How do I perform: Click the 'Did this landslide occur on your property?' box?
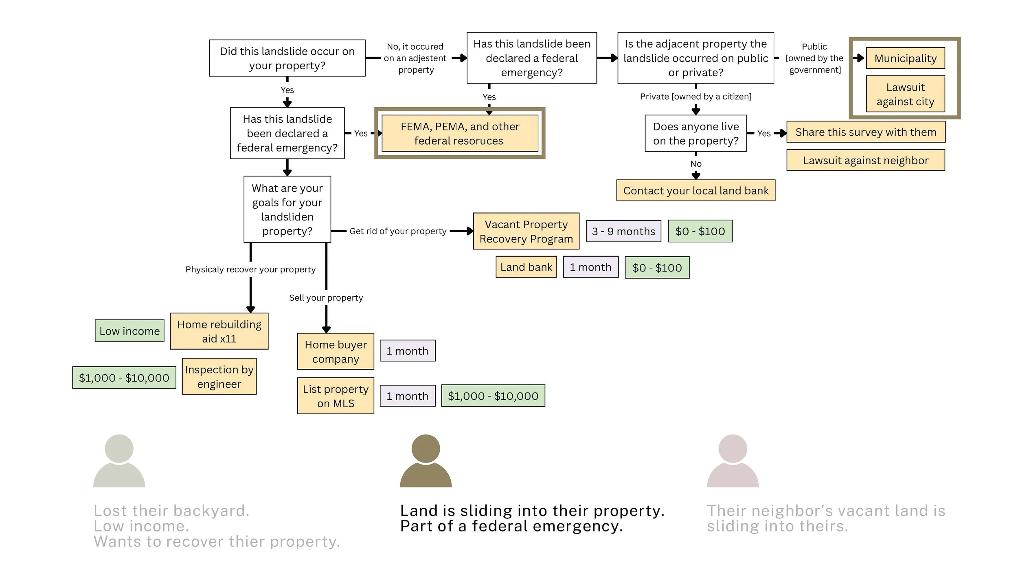click(x=287, y=58)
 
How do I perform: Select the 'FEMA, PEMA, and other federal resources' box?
click(x=460, y=133)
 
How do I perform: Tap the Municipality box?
click(x=905, y=58)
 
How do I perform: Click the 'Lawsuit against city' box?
click(x=905, y=94)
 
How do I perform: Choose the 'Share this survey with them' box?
click(x=866, y=132)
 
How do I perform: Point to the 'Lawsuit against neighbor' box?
click(x=866, y=160)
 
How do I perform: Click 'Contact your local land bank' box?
click(x=696, y=190)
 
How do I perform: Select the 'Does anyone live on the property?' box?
click(x=696, y=133)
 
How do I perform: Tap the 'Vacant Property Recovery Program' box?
click(x=526, y=231)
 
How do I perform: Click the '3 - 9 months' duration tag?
click(x=623, y=231)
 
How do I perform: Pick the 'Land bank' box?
click(x=526, y=267)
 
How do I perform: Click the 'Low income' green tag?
click(x=129, y=331)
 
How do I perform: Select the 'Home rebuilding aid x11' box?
click(x=219, y=331)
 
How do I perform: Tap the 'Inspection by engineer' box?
click(x=219, y=376)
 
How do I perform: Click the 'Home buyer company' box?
click(x=336, y=351)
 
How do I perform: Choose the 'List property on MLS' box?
click(x=336, y=396)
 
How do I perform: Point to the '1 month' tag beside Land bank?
click(x=590, y=267)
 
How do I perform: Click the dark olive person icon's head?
click(x=426, y=448)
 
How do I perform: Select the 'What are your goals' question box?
click(x=287, y=209)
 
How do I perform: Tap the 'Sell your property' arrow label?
click(x=326, y=298)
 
